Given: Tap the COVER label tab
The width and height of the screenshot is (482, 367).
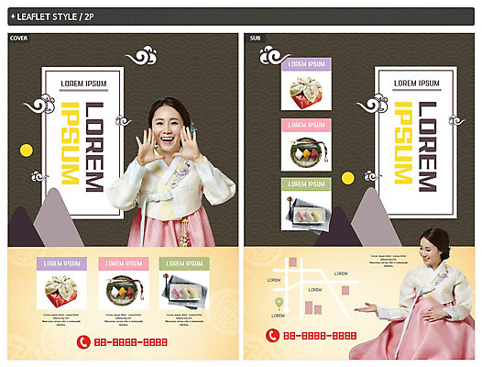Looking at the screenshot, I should pyautogui.click(x=18, y=38).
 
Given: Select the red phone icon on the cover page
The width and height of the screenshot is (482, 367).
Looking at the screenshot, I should pyautogui.click(x=83, y=341).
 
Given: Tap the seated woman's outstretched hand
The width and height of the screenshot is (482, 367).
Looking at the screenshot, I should pyautogui.click(x=366, y=307).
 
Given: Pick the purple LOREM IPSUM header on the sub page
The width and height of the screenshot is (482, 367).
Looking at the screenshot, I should pyautogui.click(x=305, y=64).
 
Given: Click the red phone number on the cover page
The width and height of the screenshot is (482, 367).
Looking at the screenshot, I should pyautogui.click(x=133, y=342).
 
